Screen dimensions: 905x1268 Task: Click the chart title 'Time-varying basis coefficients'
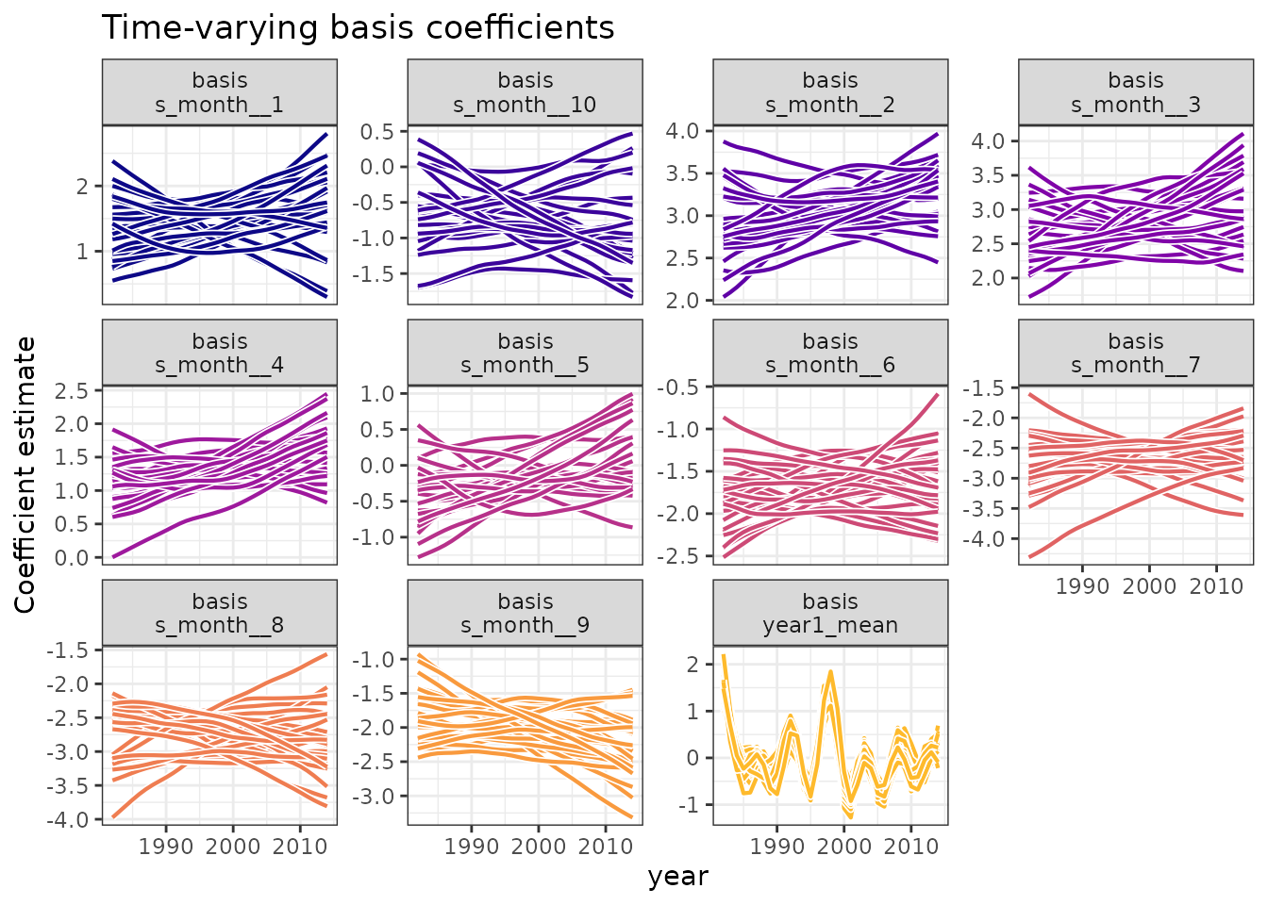point(358,28)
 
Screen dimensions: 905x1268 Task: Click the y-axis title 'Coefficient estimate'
point(25,474)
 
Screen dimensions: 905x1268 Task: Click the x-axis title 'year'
point(677,877)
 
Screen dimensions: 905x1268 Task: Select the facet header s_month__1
point(220,92)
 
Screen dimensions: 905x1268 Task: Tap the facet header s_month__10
point(525,92)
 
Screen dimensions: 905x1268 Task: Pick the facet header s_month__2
point(830,92)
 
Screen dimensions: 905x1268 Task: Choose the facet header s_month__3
point(1136,92)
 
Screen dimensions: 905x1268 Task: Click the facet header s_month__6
point(830,354)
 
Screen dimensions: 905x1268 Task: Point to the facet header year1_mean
point(830,614)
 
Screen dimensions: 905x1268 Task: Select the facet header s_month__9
point(525,614)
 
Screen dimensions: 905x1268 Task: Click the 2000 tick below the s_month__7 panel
point(1148,586)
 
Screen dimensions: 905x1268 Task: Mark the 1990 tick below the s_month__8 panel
point(166,846)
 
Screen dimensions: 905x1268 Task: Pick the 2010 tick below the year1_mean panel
point(910,846)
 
